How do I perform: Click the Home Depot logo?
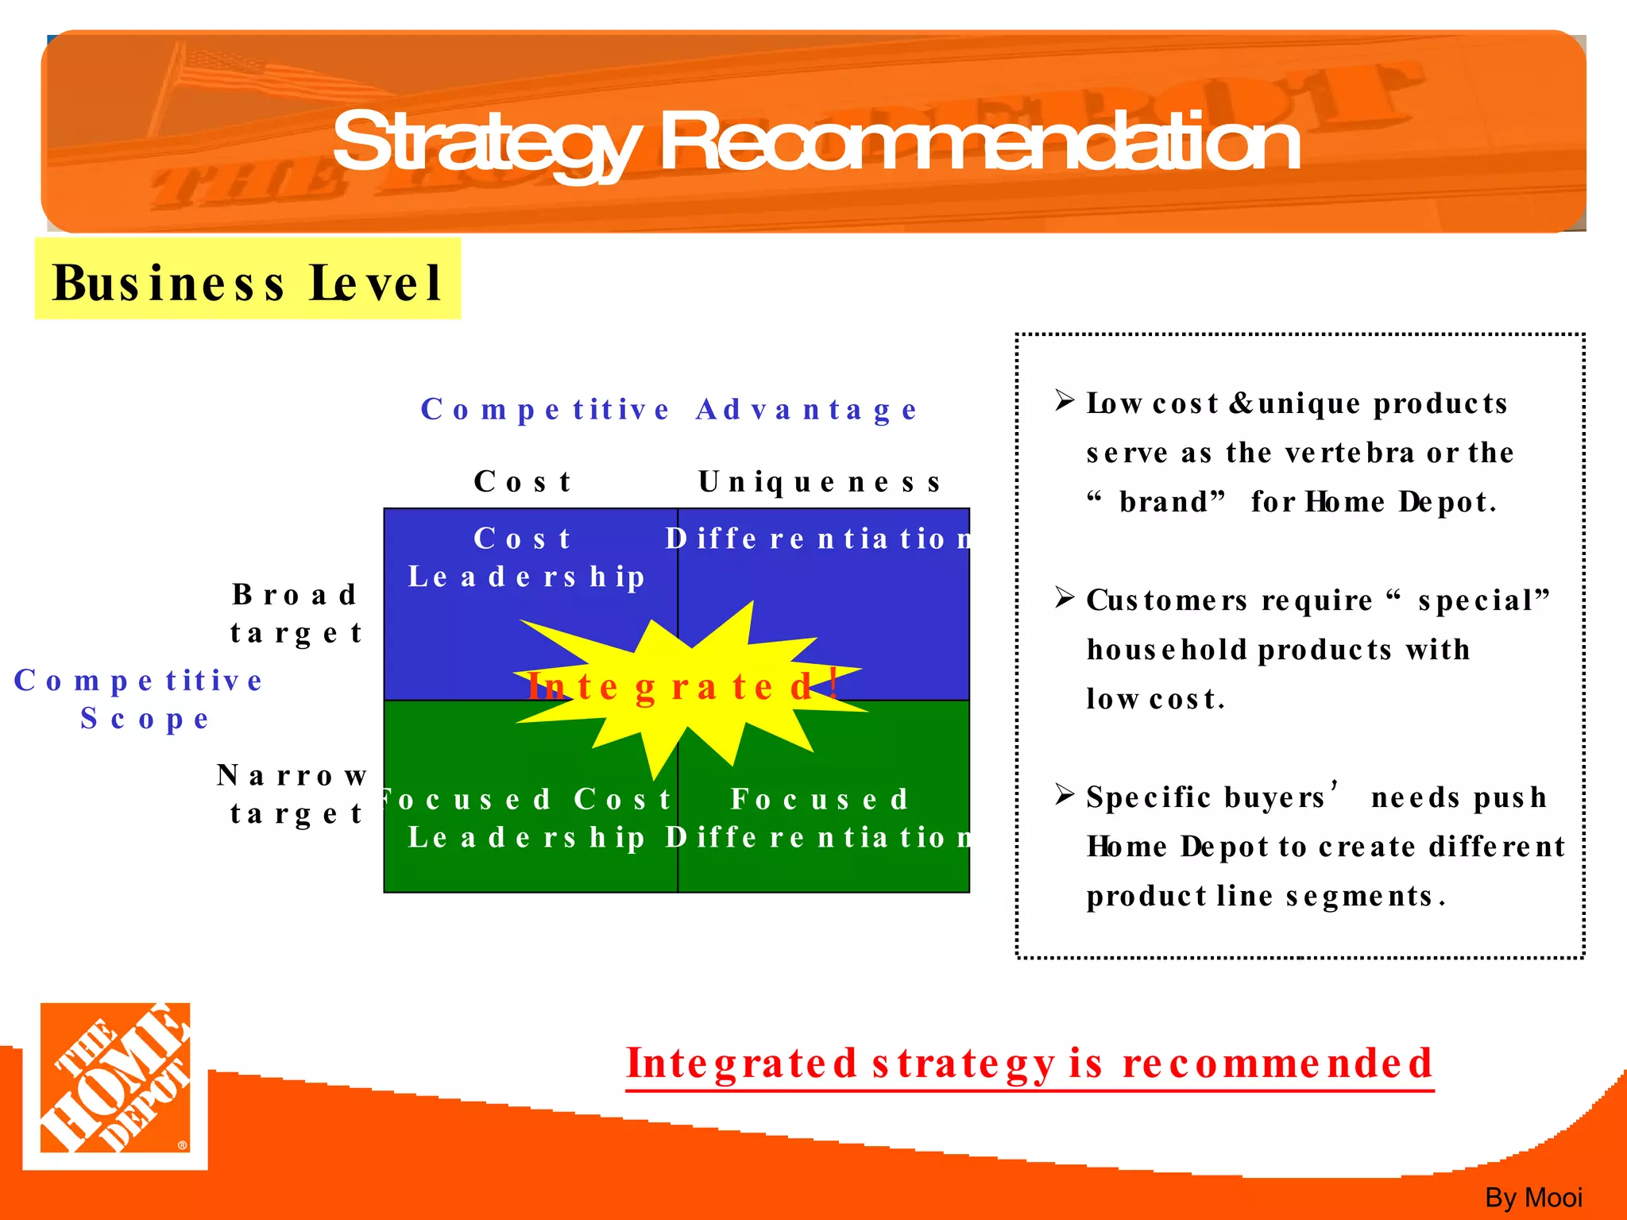click(115, 1083)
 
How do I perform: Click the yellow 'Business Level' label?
click(247, 281)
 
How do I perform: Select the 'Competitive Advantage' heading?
click(669, 410)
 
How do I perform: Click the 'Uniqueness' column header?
click(820, 481)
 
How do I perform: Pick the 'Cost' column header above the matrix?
click(523, 481)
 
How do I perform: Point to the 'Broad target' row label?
click(296, 613)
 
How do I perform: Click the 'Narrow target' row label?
click(292, 793)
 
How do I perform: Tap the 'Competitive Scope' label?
click(140, 699)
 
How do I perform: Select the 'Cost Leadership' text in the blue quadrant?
click(525, 558)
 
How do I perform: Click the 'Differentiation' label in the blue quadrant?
click(818, 539)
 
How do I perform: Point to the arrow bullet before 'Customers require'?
click(1065, 596)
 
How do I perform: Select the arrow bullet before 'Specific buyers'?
click(1065, 793)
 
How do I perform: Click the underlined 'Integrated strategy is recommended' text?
click(1030, 1064)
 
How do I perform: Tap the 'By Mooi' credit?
click(1533, 1197)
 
